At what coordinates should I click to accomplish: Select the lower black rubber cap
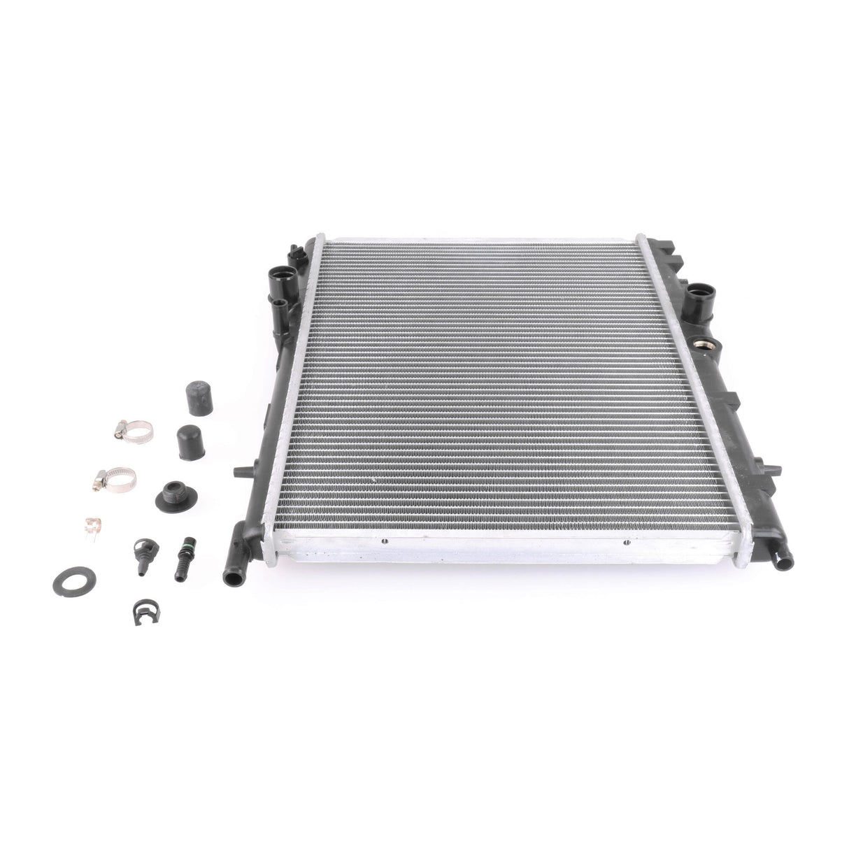coord(189,438)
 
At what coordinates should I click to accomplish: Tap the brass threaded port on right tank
coord(699,348)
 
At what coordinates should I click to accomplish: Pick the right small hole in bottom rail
coord(625,541)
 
